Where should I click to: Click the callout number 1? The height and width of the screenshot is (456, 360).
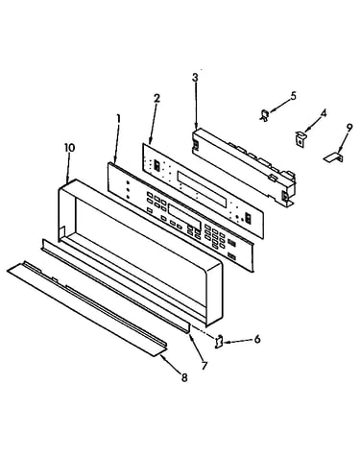tap(118, 119)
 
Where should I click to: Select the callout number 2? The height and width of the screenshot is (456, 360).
tap(156, 98)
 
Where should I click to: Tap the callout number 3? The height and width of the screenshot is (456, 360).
tap(195, 78)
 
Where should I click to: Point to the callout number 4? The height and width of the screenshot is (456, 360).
tap(324, 113)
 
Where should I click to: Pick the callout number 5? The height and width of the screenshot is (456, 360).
tap(294, 96)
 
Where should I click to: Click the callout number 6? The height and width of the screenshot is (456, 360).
tap(257, 339)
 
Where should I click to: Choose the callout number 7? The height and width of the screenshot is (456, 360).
tap(204, 365)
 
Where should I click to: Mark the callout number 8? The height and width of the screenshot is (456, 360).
tap(184, 378)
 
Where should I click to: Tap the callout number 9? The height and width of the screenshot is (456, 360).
tap(349, 128)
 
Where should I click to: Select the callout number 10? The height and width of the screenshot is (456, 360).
tap(69, 148)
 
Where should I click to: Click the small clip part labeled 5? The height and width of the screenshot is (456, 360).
tap(264, 115)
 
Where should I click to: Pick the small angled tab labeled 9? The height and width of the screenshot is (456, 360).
tap(333, 157)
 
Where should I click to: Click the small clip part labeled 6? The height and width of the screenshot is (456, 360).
tap(219, 341)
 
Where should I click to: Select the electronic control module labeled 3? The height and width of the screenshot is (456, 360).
tap(244, 167)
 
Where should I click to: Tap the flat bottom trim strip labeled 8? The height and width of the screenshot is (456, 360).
tap(86, 308)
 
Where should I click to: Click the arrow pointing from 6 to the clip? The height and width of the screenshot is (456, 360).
tap(239, 342)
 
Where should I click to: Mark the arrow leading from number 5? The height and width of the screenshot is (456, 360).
tap(279, 106)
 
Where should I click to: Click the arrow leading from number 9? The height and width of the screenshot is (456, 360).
tap(343, 142)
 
